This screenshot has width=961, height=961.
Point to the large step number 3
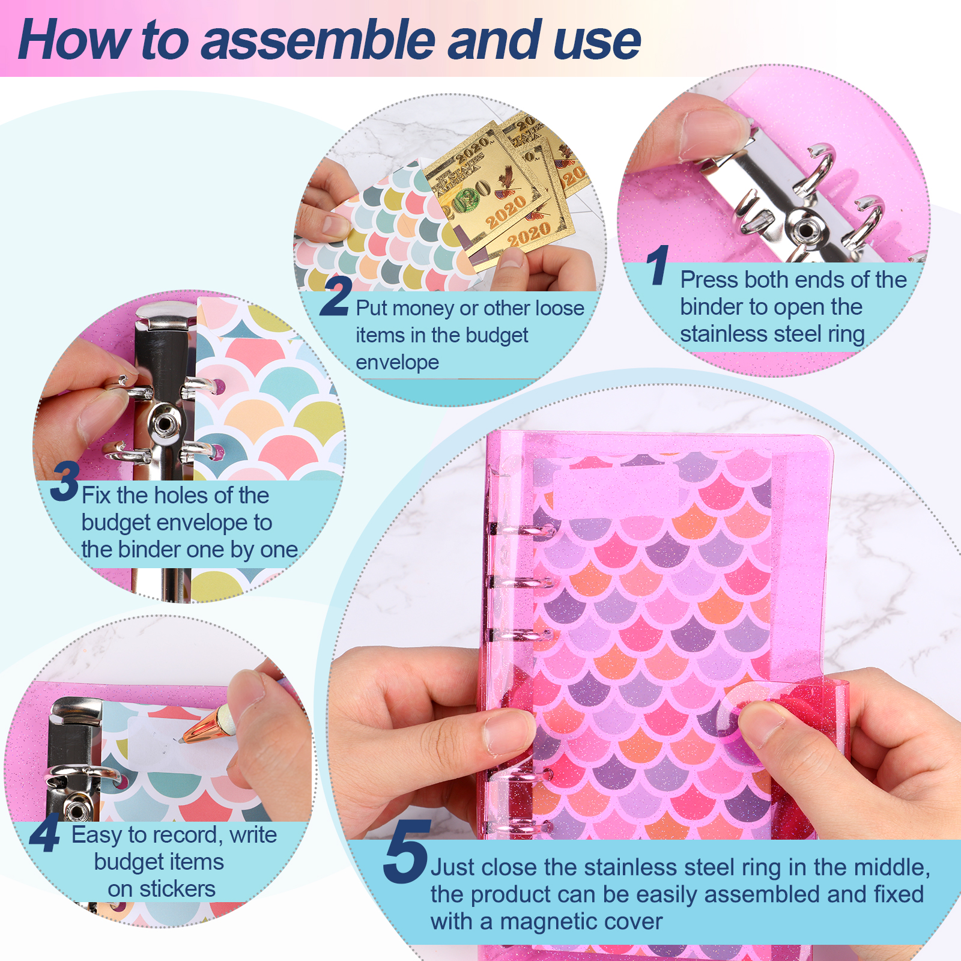(x=64, y=481)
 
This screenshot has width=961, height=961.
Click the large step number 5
(x=407, y=852)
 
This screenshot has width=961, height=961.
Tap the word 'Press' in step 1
(x=709, y=280)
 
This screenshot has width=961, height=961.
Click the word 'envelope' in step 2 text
(x=397, y=363)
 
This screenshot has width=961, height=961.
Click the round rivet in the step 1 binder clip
(x=805, y=228)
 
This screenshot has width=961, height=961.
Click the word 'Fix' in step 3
(x=97, y=496)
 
